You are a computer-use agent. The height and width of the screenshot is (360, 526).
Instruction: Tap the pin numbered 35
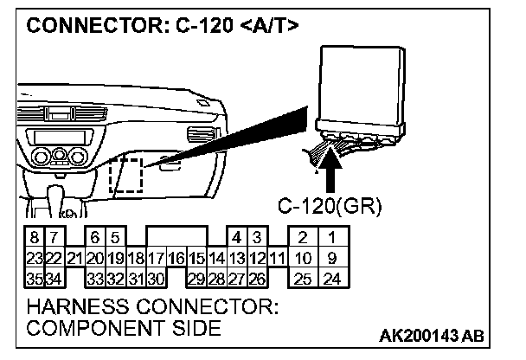[x=33, y=278]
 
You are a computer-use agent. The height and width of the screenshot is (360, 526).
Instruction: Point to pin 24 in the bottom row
[x=330, y=278]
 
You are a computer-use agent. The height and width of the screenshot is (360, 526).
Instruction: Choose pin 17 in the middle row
[x=157, y=257]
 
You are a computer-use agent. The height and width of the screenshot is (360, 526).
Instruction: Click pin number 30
[x=157, y=278]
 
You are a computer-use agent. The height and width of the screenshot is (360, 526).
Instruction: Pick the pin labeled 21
[x=74, y=257]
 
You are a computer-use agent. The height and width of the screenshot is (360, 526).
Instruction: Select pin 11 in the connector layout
[x=277, y=257]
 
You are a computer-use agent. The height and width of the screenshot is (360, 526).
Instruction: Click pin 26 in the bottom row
[x=257, y=278]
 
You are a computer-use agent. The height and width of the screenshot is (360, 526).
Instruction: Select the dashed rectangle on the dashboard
[x=126, y=175]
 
